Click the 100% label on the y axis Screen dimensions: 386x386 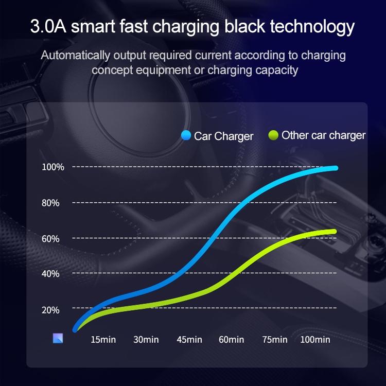pos(53,167)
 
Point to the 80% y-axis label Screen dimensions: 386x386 pos(51,203)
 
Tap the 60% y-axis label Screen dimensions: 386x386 pos(51,238)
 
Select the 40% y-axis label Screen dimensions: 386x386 pos(51,273)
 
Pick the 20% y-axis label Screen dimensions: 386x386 pos(51,310)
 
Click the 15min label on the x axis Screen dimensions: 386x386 pos(103,340)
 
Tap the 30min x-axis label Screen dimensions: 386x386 pos(146,340)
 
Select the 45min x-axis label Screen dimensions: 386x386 pos(189,340)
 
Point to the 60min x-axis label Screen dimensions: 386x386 pos(232,340)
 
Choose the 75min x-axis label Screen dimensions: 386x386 pos(274,340)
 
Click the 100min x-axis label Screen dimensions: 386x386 pos(314,340)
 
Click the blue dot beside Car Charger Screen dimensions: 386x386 pos(186,136)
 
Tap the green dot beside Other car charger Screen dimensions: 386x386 pos(273,135)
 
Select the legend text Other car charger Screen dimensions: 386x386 pos(324,135)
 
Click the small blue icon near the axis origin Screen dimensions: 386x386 pos(58,338)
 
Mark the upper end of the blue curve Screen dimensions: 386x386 pos(335,168)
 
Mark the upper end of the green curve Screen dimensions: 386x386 pos(334,232)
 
